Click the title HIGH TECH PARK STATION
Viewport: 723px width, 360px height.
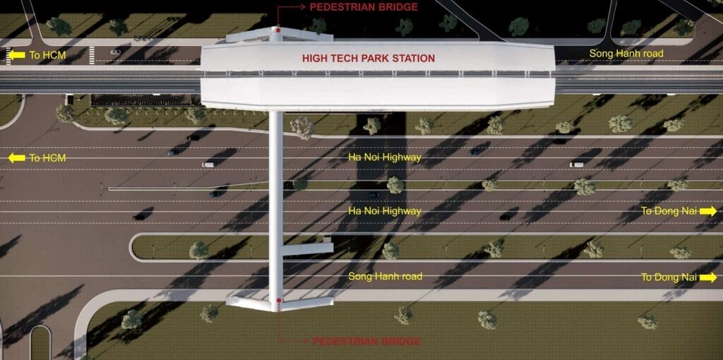(x=369, y=59)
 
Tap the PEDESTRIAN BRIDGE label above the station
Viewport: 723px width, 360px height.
(x=364, y=7)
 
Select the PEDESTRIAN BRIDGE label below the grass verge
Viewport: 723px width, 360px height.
(x=366, y=342)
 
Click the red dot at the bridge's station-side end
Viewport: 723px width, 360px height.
(x=277, y=30)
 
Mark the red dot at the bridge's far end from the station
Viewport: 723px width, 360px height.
(x=278, y=300)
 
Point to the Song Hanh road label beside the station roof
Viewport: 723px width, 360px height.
(x=626, y=54)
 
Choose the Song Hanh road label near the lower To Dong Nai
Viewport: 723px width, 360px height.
(x=385, y=277)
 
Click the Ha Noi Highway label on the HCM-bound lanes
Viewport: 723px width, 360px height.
(x=385, y=157)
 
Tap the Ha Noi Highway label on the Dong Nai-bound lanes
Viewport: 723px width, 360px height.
(x=385, y=211)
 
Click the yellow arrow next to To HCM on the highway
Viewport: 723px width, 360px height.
(x=17, y=158)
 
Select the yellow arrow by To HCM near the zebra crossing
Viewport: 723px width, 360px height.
(x=17, y=55)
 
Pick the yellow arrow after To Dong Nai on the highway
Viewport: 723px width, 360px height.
(x=708, y=211)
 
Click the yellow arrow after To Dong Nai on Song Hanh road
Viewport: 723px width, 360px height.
(x=708, y=277)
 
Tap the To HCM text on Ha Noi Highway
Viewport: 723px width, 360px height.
(x=47, y=158)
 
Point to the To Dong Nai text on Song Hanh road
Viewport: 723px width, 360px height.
(x=669, y=277)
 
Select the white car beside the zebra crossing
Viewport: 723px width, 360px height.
(x=115, y=52)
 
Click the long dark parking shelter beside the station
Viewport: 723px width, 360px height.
(x=141, y=100)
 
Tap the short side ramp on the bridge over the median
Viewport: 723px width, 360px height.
(x=306, y=249)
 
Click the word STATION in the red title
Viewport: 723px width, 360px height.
(x=411, y=59)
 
